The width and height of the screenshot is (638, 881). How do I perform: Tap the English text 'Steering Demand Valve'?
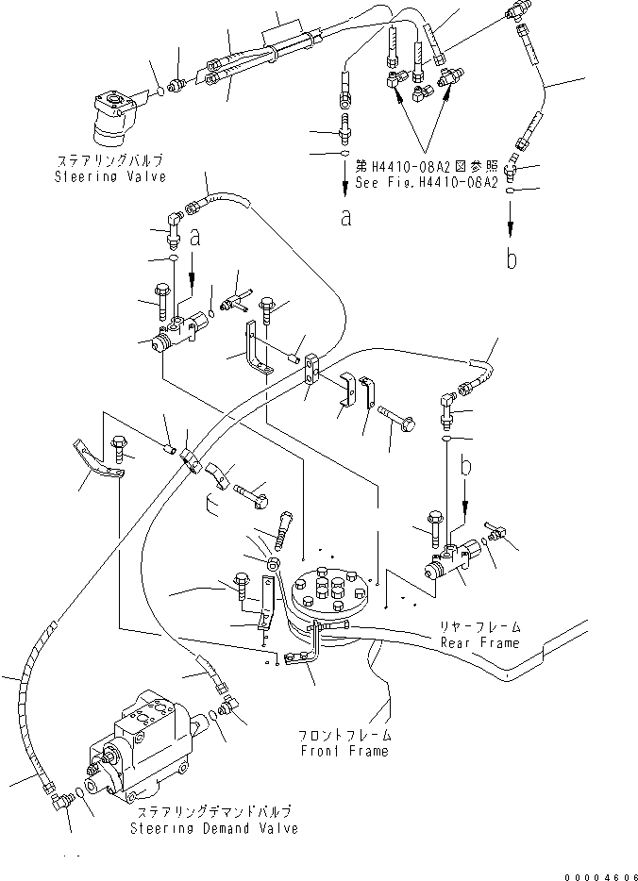(217, 828)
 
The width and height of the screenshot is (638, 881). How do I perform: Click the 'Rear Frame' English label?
(479, 643)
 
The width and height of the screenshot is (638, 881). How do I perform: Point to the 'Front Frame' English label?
(344, 751)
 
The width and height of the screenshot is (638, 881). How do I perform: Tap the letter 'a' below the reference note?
(346, 217)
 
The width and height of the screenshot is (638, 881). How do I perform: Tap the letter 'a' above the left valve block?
(196, 240)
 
